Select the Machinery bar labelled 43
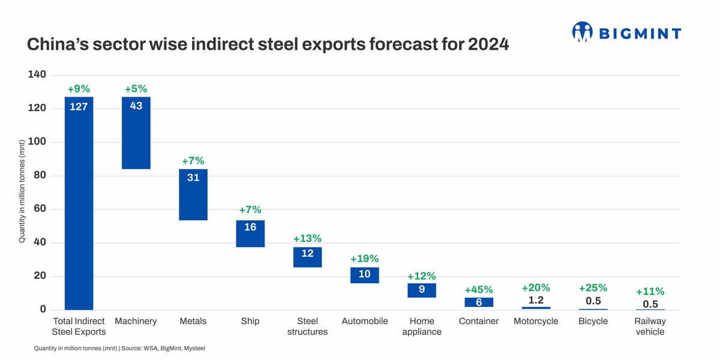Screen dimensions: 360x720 [136, 133]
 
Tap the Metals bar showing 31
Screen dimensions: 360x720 [193, 195]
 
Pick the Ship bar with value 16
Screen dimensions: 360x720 [250, 233]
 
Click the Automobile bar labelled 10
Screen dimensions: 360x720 [365, 275]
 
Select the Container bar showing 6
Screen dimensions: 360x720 [479, 302]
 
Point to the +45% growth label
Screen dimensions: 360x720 [479, 290]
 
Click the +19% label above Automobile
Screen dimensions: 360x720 [365, 259]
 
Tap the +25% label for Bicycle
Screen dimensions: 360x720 [593, 287]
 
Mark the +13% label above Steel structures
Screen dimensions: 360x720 [307, 238]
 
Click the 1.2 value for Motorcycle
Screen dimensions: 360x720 [536, 299]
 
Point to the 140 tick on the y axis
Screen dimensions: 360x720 [37, 75]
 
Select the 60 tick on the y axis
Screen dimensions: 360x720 [40, 209]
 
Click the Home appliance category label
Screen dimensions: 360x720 [422, 326]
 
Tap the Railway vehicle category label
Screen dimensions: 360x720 [650, 326]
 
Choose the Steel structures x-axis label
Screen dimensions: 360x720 [307, 326]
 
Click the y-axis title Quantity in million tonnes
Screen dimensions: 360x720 [22, 191]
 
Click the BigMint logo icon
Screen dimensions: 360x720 [582, 32]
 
